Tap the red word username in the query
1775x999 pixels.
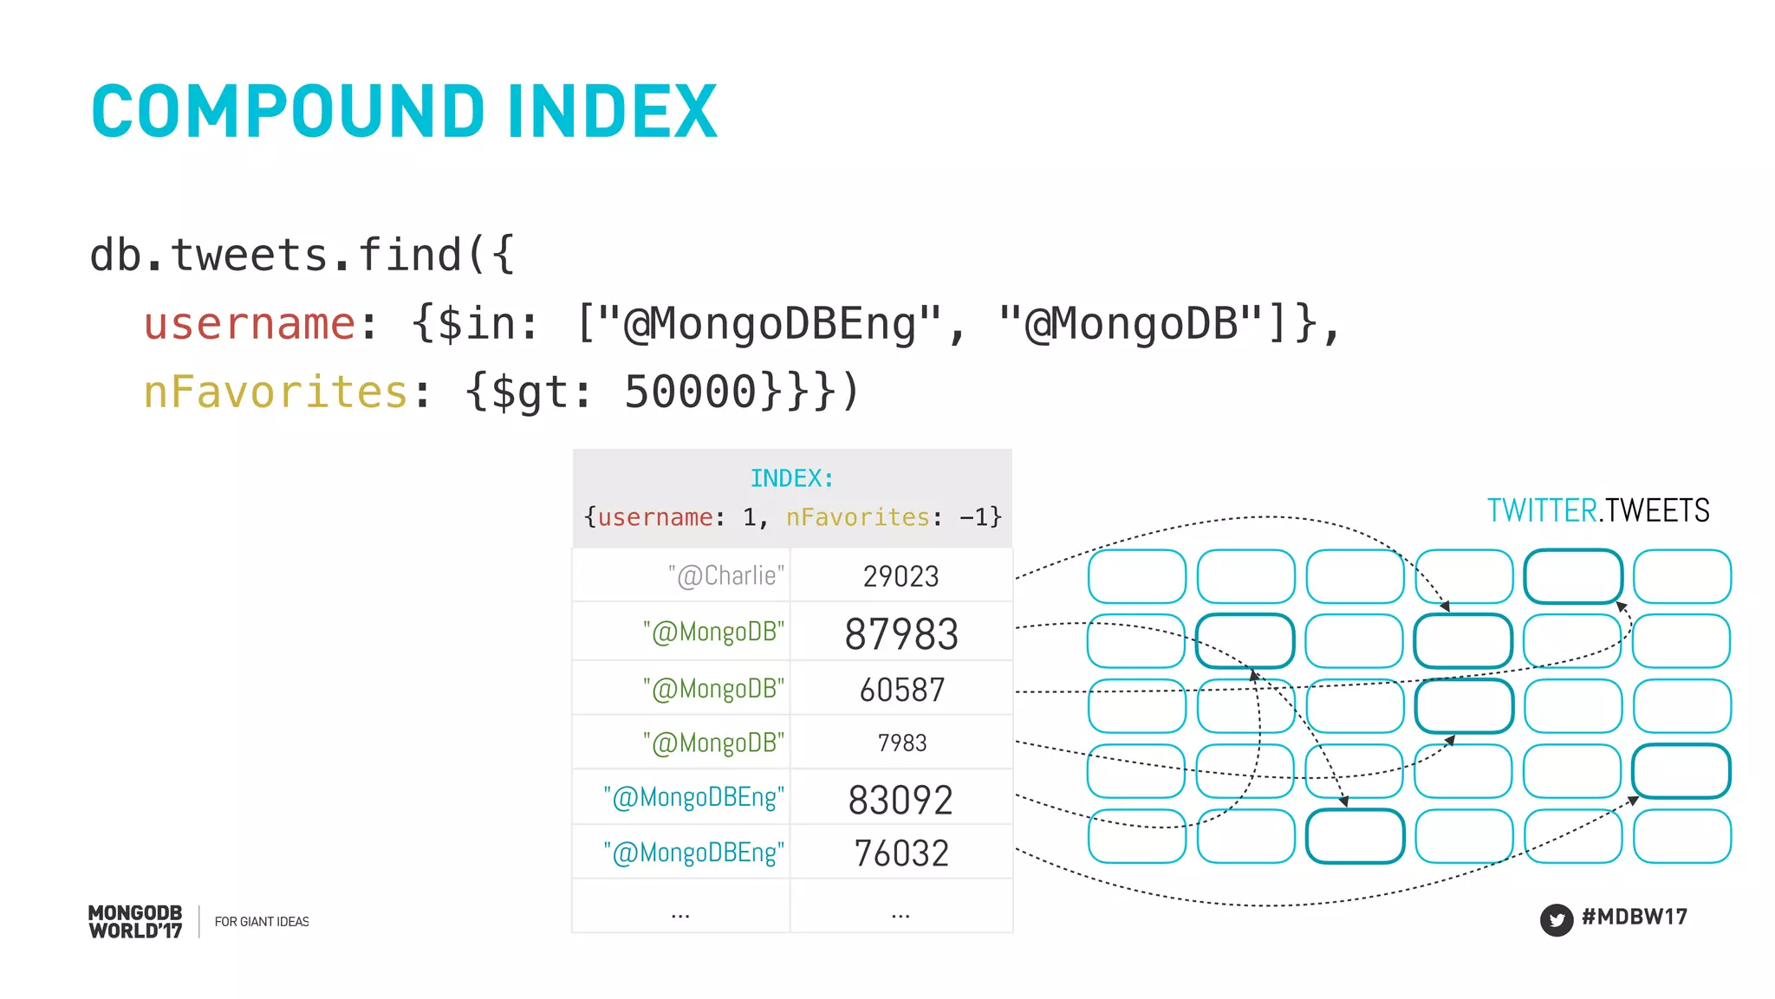250,324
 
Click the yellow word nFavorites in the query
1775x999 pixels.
275,392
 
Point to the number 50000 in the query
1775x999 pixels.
691,392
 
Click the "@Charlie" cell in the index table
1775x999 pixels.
726,576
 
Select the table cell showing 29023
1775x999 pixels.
901,576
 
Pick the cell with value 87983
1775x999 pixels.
901,633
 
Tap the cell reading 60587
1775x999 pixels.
901,690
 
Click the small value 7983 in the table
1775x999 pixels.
901,743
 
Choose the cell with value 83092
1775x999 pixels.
901,799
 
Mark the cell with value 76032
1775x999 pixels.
901,853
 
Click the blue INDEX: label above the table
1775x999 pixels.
791,478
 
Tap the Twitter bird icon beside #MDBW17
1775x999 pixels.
1556,919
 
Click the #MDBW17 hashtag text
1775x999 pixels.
1634,917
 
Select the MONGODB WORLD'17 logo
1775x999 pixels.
135,922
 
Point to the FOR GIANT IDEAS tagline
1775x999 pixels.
262,922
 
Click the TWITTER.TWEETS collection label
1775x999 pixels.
1598,510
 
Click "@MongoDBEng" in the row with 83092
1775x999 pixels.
694,797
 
